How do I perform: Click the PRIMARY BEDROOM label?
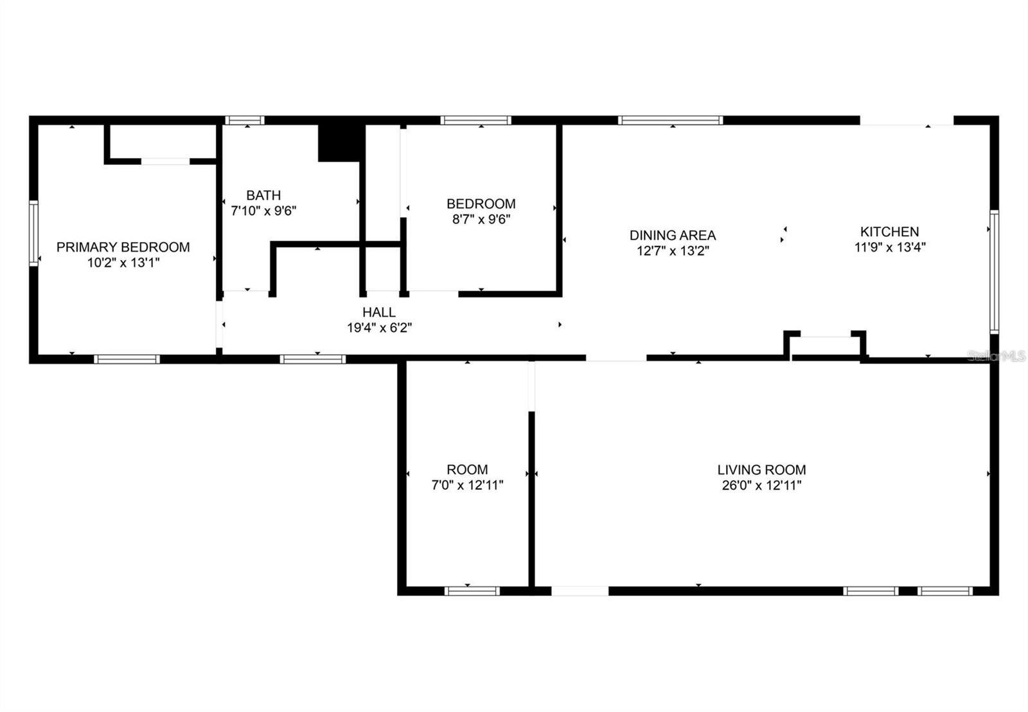[x=123, y=247]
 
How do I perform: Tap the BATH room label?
[x=263, y=195]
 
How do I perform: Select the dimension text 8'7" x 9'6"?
[x=481, y=219]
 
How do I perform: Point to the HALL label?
[x=379, y=313]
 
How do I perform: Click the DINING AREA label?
[x=672, y=236]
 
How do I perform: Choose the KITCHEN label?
[x=889, y=232]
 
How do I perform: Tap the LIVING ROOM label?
[x=761, y=470]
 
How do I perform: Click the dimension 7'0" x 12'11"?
[x=467, y=485]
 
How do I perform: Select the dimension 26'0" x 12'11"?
[x=761, y=485]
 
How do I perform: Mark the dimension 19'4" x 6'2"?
[x=379, y=328]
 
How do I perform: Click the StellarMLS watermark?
[x=996, y=356]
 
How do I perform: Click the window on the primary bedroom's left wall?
[x=33, y=232]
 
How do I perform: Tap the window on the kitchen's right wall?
[x=994, y=272]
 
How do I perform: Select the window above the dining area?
[x=670, y=120]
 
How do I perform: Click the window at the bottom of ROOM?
[x=472, y=591]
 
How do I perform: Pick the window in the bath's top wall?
[x=244, y=120]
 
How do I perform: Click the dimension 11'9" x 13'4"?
[x=889, y=247]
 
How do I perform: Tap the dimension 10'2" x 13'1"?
[x=123, y=263]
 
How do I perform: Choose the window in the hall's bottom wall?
[x=312, y=359]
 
